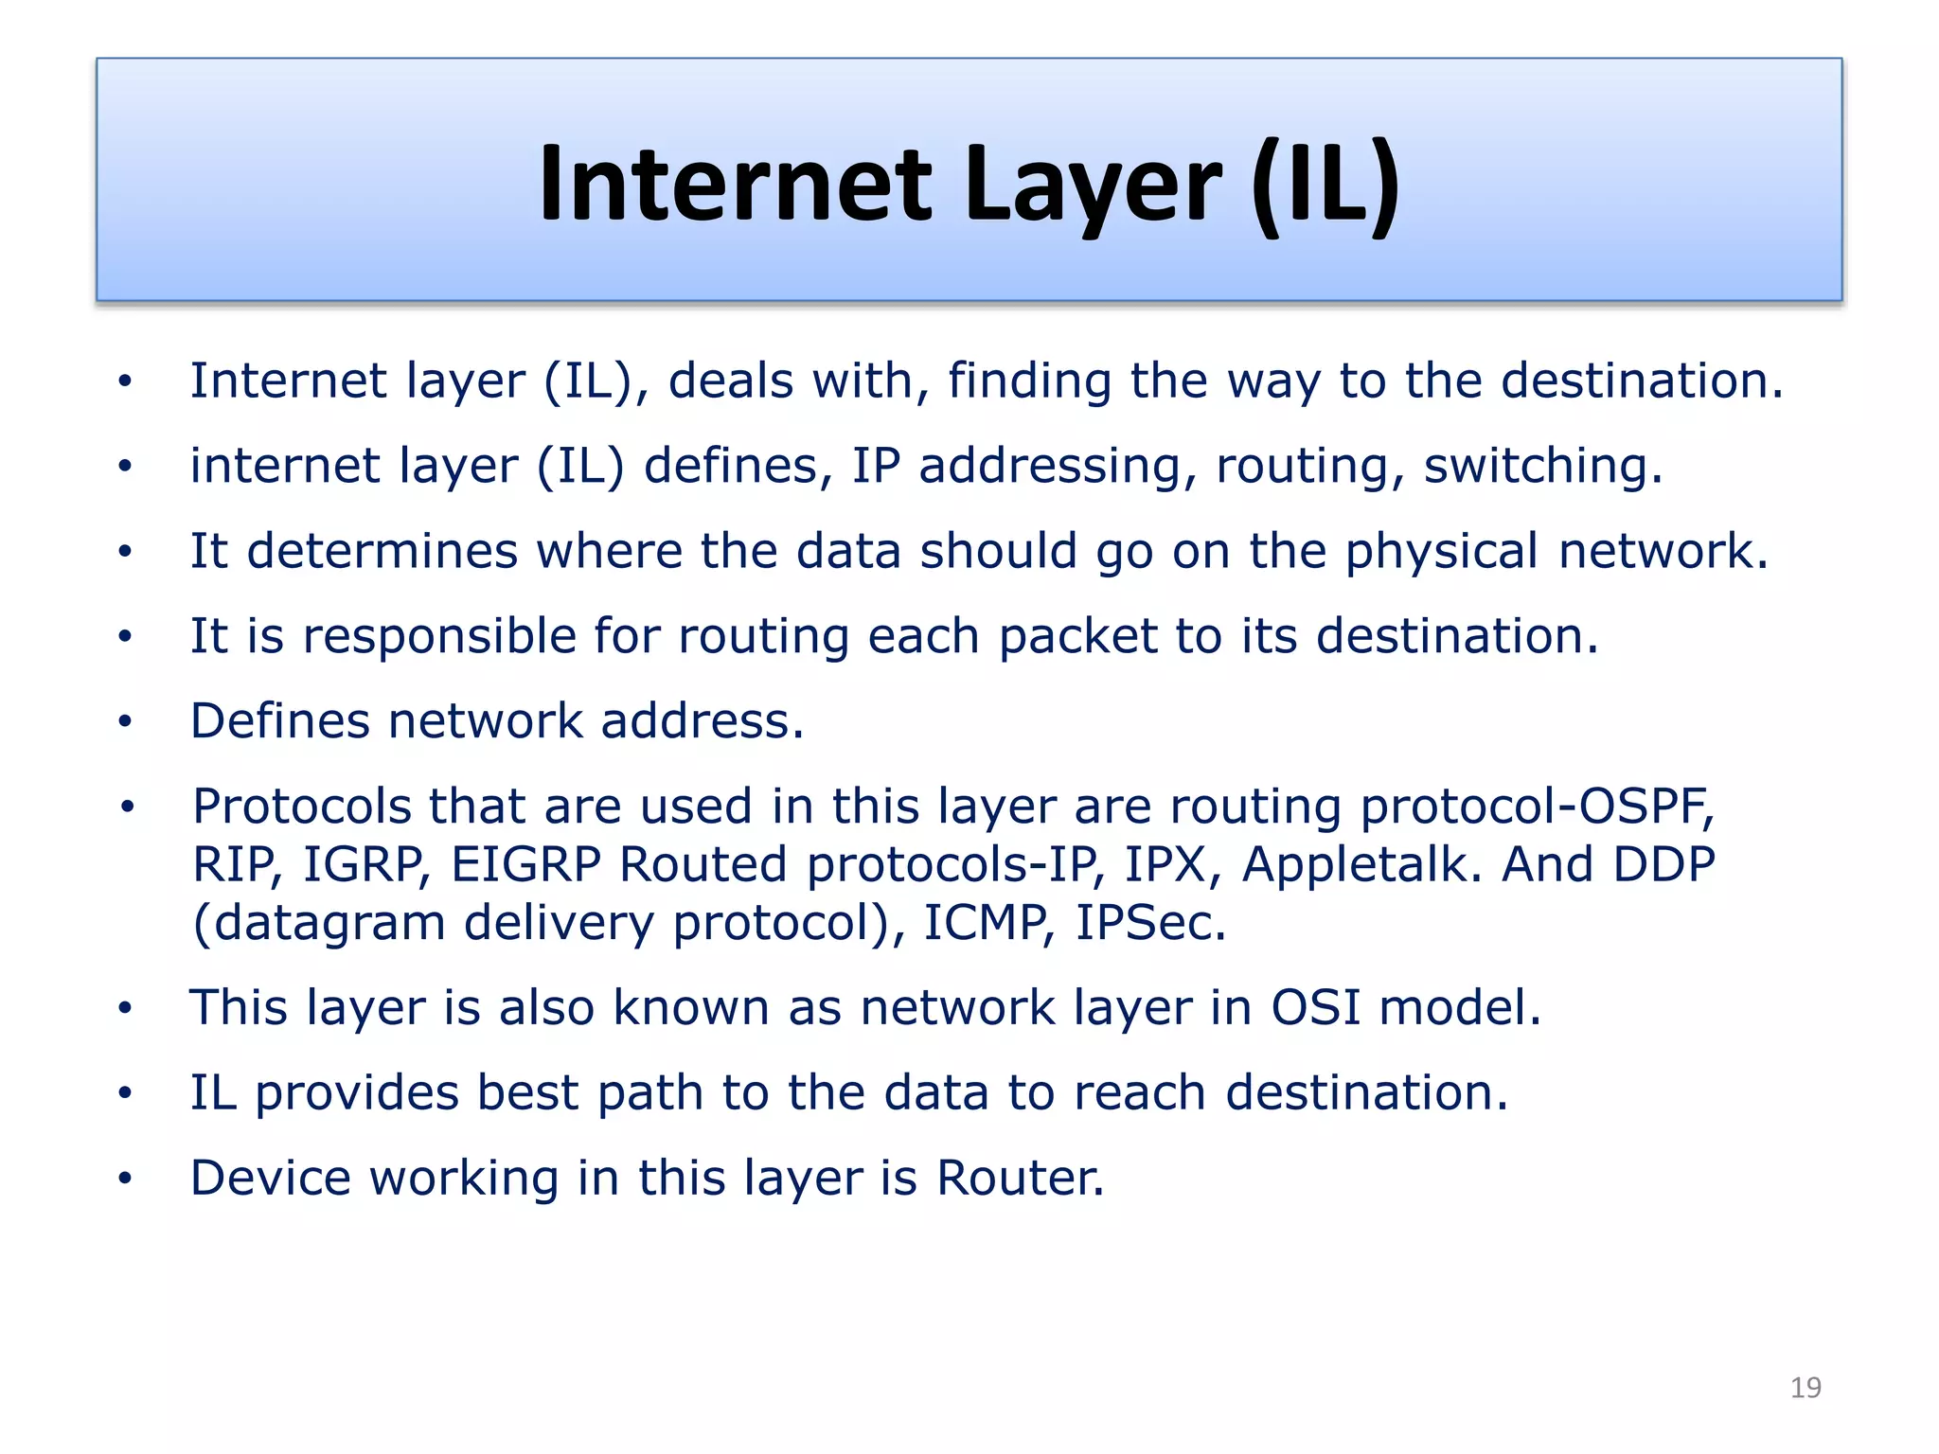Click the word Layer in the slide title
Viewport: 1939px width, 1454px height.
pyautogui.click(x=1094, y=185)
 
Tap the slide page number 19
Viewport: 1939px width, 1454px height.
pyautogui.click(x=1806, y=1388)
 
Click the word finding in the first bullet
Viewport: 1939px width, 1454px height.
pyautogui.click(x=1030, y=381)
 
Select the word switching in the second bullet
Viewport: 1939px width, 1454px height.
pyautogui.click(x=1542, y=467)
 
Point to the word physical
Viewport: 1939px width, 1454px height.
pyautogui.click(x=1442, y=552)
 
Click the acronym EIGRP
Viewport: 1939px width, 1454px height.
pyautogui.click(x=525, y=864)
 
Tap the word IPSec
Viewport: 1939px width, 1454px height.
pyautogui.click(x=1150, y=923)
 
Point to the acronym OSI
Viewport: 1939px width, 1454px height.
pyautogui.click(x=1315, y=1007)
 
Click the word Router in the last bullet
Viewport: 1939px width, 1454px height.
pyautogui.click(x=1020, y=1179)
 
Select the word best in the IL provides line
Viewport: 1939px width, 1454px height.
pyautogui.click(x=526, y=1093)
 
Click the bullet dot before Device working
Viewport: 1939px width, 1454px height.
pyautogui.click(x=125, y=1179)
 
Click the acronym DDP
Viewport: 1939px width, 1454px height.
pyautogui.click(x=1663, y=864)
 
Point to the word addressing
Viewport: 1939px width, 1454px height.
pyautogui.click(x=1050, y=467)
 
